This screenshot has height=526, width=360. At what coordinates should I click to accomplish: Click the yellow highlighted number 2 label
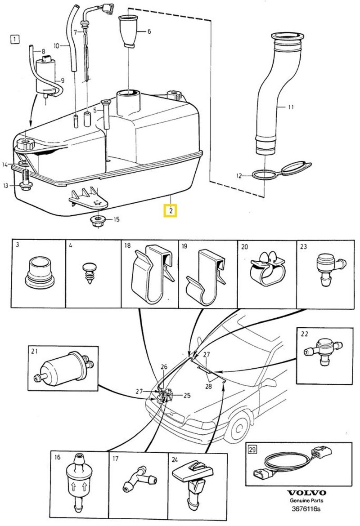pos(171,210)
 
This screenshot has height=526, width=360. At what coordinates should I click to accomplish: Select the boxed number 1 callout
pos(15,39)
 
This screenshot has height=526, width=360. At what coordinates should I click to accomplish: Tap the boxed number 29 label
pos(252,450)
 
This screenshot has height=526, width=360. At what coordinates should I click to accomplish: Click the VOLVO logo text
pos(307,493)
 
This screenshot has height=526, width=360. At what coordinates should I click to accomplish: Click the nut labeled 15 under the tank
pos(95,221)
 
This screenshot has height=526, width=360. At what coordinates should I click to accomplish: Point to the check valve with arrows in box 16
pos(76,483)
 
